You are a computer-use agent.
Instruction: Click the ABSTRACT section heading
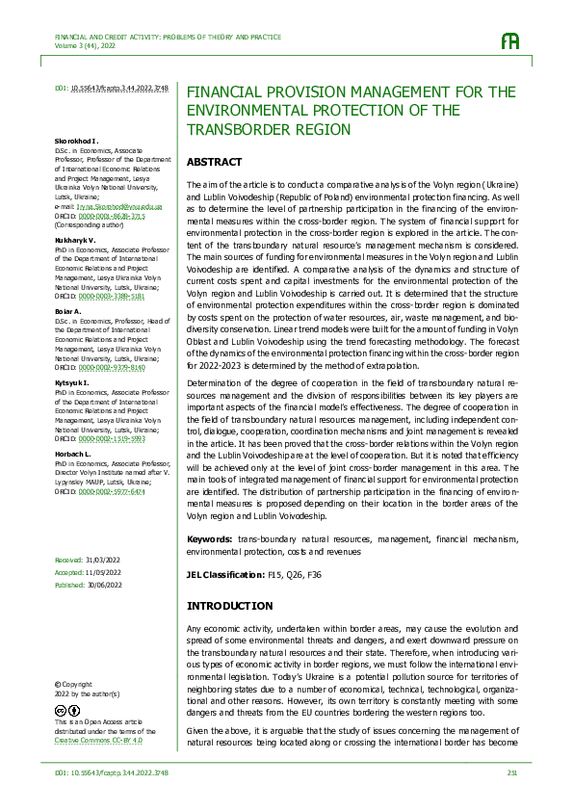point(214,162)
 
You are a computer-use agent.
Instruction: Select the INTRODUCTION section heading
point(229,606)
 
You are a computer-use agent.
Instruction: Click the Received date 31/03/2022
point(102,560)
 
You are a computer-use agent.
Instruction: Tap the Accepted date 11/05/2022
point(103,571)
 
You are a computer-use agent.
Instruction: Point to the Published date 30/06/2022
point(104,584)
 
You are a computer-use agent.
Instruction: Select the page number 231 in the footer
point(512,772)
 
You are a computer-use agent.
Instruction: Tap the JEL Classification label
point(224,574)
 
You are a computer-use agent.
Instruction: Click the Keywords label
point(209,539)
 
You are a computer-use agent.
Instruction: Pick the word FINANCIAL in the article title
point(227,92)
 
